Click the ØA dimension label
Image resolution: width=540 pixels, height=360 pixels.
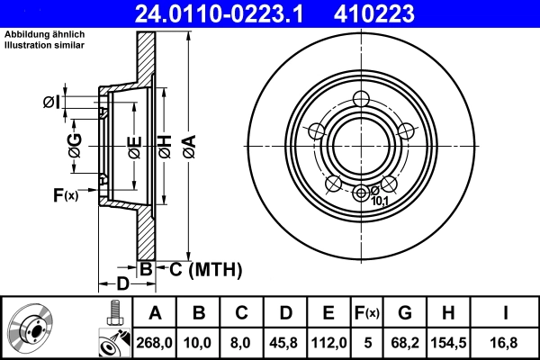click(188, 143)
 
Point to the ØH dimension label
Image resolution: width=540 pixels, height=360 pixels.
click(165, 143)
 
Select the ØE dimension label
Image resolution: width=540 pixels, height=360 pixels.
click(134, 143)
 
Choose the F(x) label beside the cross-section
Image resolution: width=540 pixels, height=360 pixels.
click(65, 194)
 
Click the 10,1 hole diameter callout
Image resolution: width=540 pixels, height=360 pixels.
click(380, 201)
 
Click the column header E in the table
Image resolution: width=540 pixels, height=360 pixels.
click(328, 313)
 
